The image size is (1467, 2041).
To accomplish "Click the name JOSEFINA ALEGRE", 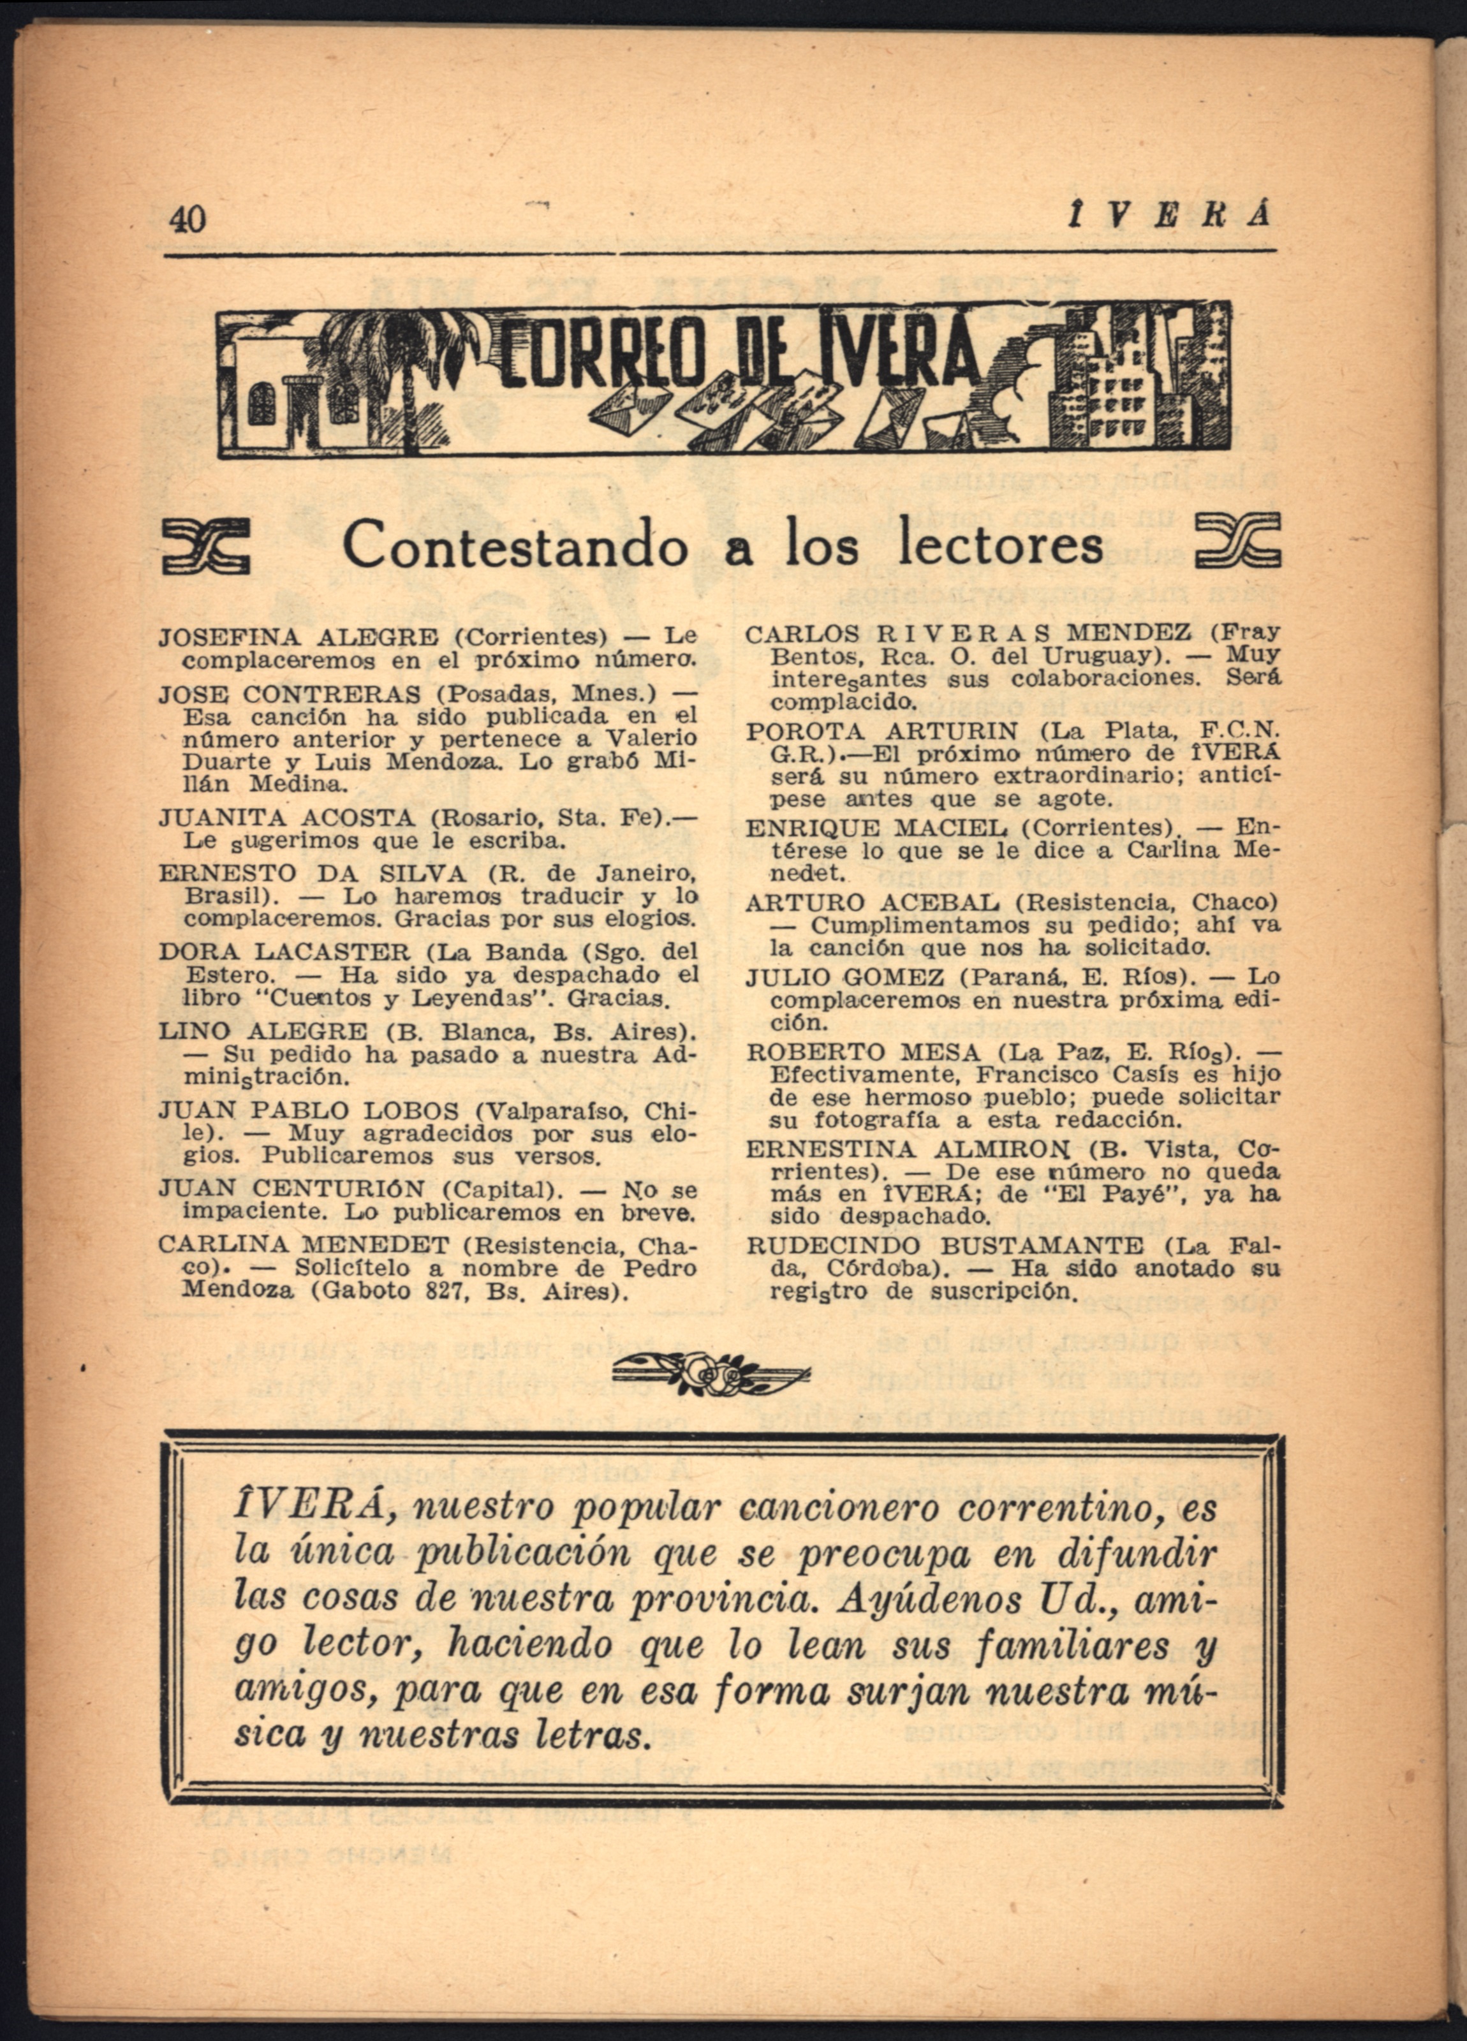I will click(299, 638).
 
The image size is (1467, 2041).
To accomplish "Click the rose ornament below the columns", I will click(711, 1375).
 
